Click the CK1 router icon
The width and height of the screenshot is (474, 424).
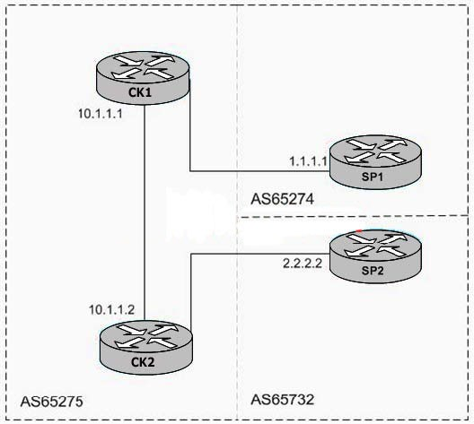pyautogui.click(x=143, y=78)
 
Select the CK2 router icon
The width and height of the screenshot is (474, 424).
pyautogui.click(x=146, y=347)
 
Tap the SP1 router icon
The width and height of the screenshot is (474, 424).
pyautogui.click(x=375, y=162)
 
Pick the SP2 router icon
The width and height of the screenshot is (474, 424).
pyautogui.click(x=375, y=256)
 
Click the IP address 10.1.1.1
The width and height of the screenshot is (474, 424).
pyautogui.click(x=101, y=114)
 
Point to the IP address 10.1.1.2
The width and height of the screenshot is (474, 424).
pyautogui.click(x=111, y=309)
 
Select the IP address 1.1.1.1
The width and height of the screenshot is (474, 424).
pyautogui.click(x=308, y=161)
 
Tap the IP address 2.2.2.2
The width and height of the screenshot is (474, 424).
pyautogui.click(x=303, y=264)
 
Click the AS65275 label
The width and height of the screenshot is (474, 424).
pyautogui.click(x=51, y=402)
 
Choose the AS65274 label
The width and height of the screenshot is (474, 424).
pyautogui.click(x=283, y=199)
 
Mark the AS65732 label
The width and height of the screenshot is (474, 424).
pyautogui.click(x=283, y=400)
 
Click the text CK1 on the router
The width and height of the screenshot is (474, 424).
pyautogui.click(x=140, y=92)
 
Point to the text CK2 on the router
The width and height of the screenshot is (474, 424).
pyautogui.click(x=143, y=362)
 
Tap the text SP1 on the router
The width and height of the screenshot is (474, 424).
pyautogui.click(x=373, y=177)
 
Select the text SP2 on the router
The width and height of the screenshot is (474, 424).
pyautogui.click(x=373, y=271)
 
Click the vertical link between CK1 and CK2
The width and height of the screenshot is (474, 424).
pyautogui.click(x=145, y=212)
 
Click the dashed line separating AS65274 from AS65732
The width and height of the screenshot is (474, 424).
pyautogui.click(x=353, y=216)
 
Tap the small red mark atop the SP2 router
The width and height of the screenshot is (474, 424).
pyautogui.click(x=359, y=231)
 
